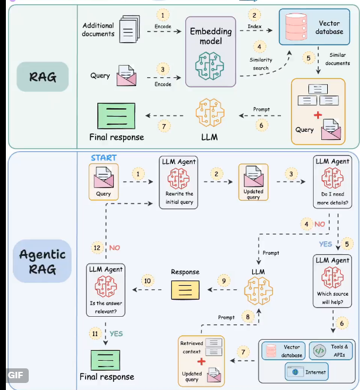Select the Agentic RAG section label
42,262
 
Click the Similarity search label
260,64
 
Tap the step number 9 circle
223,280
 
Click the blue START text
103,158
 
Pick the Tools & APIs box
332,351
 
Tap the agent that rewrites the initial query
179,182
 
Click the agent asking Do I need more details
332,182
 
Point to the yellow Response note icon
184,289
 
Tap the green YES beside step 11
116,333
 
